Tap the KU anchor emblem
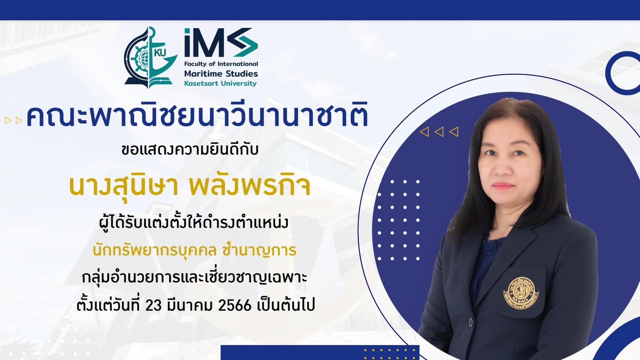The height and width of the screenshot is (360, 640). [x=151, y=57]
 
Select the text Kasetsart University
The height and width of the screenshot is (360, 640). [x=220, y=84]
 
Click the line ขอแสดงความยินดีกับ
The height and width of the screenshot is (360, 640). [x=190, y=150]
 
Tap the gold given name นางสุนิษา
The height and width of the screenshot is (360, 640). [x=124, y=186]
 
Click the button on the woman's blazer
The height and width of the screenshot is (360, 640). [x=471, y=322]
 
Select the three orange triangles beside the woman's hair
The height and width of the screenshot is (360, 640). [x=439, y=132]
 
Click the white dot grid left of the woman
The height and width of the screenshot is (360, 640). [x=399, y=220]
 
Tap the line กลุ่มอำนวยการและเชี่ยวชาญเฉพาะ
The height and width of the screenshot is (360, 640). [x=194, y=277]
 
